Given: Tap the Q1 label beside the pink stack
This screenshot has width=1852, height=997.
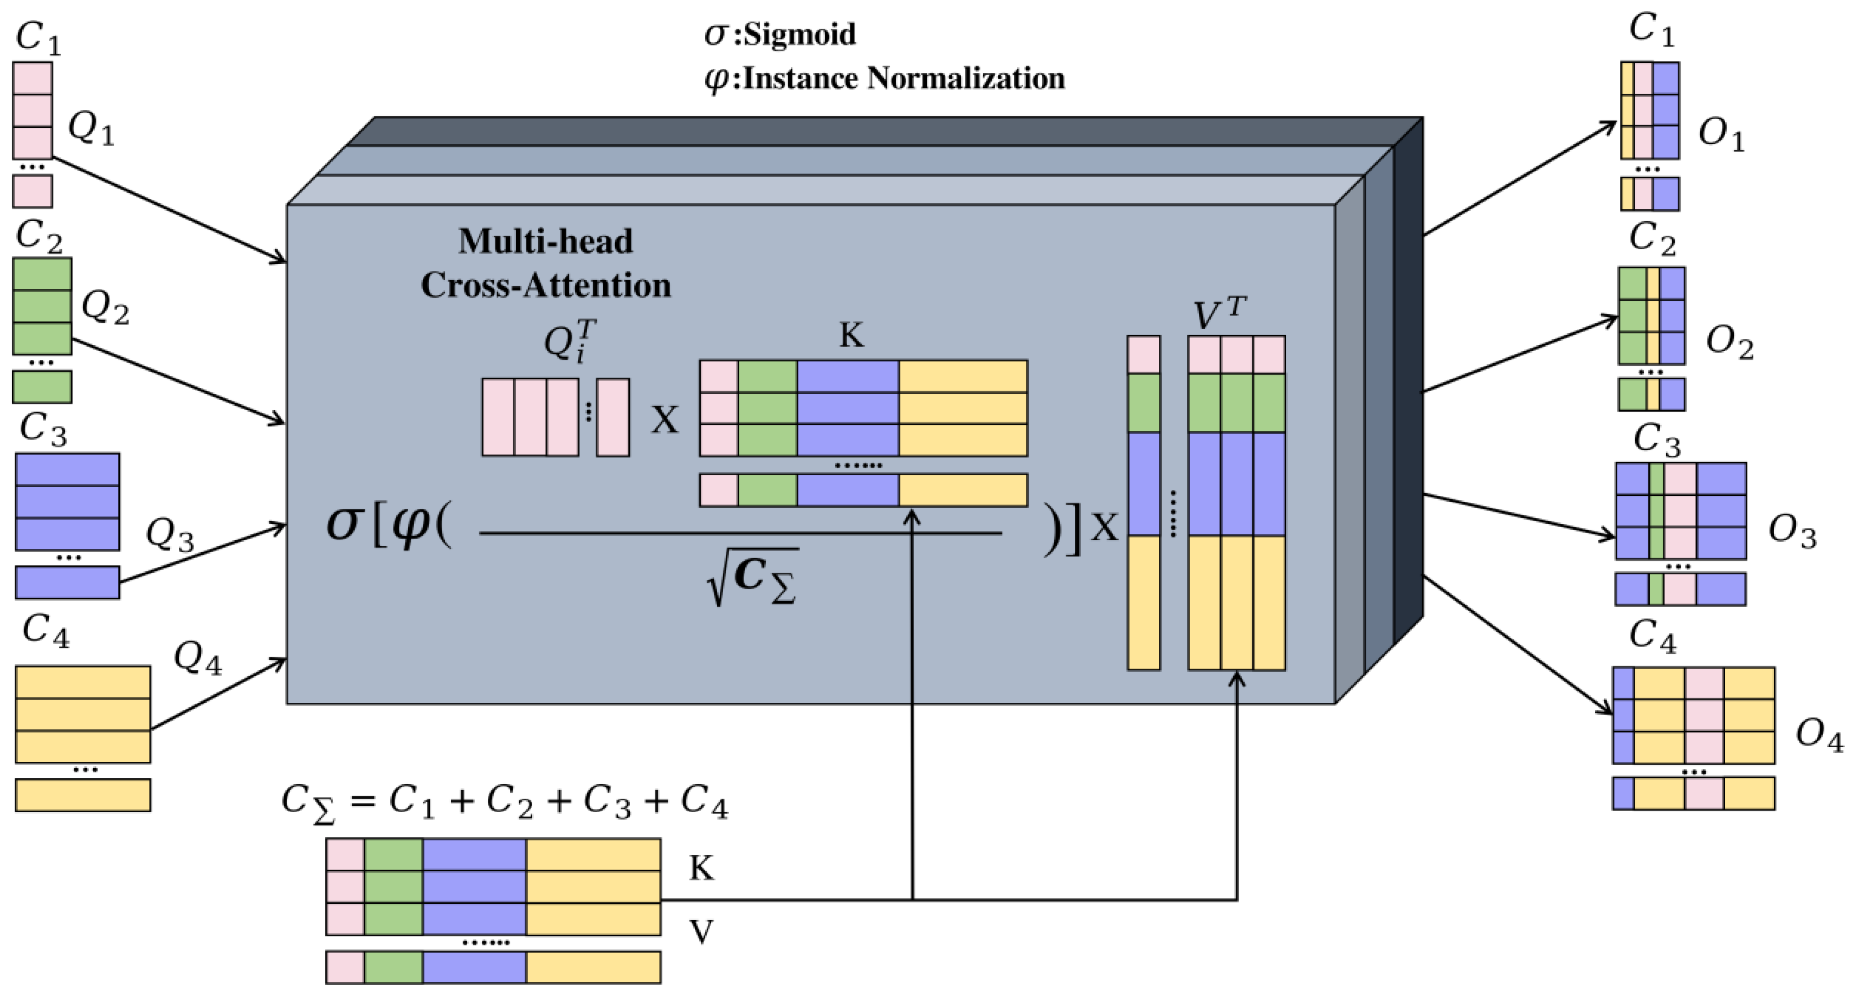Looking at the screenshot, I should tap(91, 130).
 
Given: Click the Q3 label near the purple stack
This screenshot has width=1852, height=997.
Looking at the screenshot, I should tap(170, 535).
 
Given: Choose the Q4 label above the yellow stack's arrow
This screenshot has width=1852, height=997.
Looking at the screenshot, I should tap(197, 658).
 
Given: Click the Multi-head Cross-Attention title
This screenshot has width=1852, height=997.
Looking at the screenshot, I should tap(546, 263).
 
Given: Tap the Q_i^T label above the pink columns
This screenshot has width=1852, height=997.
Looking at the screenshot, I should tap(570, 341).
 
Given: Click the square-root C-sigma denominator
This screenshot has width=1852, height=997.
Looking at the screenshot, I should tap(753, 577).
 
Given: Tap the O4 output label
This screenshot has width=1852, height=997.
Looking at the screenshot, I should tap(1819, 735).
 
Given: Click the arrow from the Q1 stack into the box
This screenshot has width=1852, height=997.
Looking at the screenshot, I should tap(170, 209).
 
